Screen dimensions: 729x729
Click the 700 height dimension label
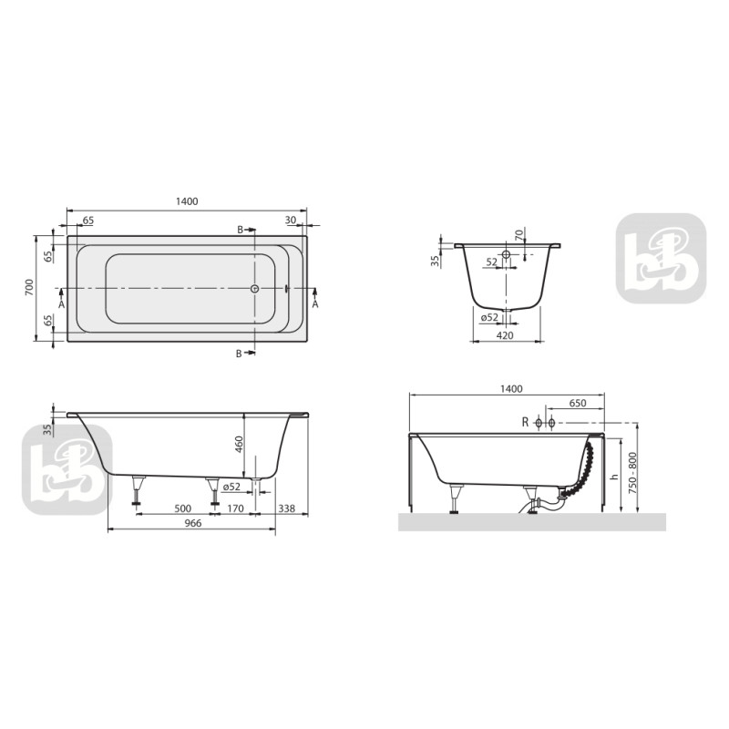(x=29, y=288)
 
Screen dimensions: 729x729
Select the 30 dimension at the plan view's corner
(x=290, y=221)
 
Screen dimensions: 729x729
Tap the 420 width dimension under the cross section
(x=506, y=335)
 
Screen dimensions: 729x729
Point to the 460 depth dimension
(x=238, y=444)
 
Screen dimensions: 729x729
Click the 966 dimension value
(x=191, y=523)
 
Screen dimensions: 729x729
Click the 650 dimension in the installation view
(x=577, y=403)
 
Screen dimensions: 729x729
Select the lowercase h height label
(x=614, y=476)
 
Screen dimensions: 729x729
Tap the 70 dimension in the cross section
(x=519, y=234)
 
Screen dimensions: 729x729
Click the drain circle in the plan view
(x=255, y=289)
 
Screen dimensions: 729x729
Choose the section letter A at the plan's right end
(x=315, y=304)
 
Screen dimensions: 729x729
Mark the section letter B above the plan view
(x=241, y=231)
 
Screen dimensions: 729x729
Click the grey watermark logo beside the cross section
(x=661, y=258)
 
